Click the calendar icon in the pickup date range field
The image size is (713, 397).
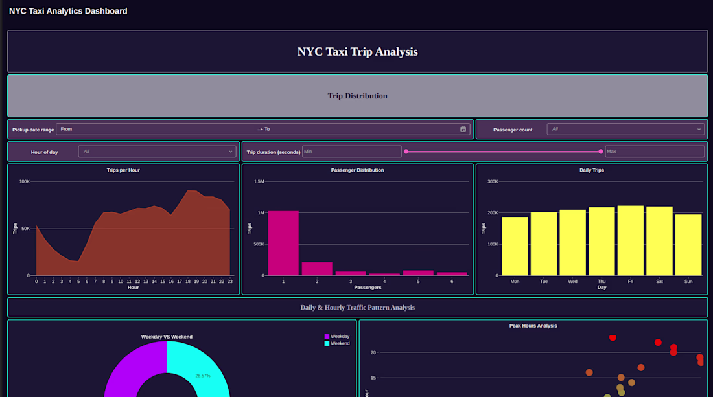click(463, 130)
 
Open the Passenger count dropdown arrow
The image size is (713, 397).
click(699, 130)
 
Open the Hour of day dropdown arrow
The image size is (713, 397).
click(231, 152)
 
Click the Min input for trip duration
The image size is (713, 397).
click(351, 152)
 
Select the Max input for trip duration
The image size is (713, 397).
click(655, 152)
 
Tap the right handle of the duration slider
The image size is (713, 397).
click(601, 152)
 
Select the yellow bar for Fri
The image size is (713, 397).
click(630, 241)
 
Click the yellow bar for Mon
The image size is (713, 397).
click(515, 246)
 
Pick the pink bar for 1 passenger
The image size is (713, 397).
click(283, 244)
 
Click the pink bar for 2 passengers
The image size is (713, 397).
click(317, 269)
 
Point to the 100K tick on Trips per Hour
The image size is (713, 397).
click(24, 182)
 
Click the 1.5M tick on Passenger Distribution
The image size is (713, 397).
click(259, 182)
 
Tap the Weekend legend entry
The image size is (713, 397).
click(337, 343)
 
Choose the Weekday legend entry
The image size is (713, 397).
click(337, 337)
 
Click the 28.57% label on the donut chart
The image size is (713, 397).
click(203, 376)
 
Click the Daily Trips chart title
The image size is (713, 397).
click(592, 170)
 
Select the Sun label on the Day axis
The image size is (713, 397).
click(688, 282)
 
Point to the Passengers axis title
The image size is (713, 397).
click(368, 288)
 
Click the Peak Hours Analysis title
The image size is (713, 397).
click(533, 326)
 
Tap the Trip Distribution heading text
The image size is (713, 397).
click(357, 96)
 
